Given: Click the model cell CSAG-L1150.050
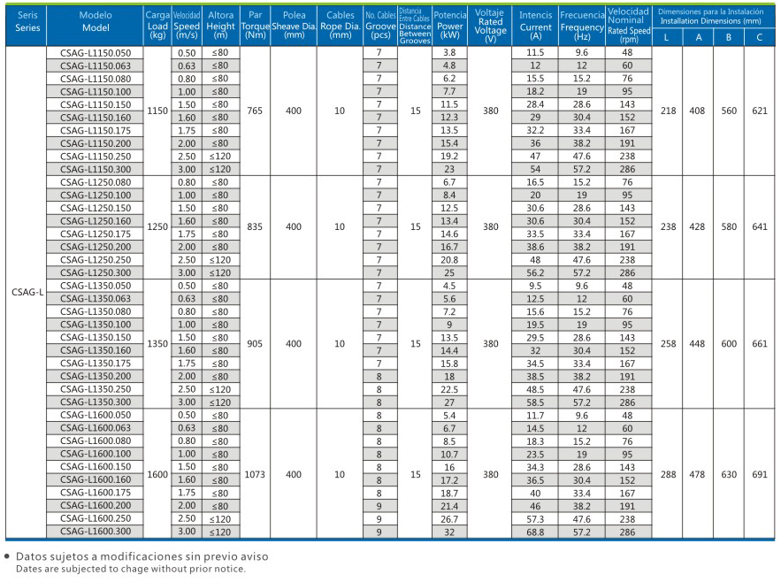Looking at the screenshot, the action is pyautogui.click(x=96, y=53).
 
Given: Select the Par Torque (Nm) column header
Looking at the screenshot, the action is pyautogui.click(x=255, y=26).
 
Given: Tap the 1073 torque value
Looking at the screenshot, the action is pyautogui.click(x=255, y=474).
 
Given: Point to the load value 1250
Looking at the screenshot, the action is pyautogui.click(x=157, y=226).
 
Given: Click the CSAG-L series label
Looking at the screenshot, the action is pyautogui.click(x=27, y=292).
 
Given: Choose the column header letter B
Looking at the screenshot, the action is pyautogui.click(x=729, y=37).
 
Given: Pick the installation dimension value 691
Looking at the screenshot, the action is pyautogui.click(x=760, y=474).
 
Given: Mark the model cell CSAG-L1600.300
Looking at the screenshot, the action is pyautogui.click(x=96, y=532).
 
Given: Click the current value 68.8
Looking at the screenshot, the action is pyautogui.click(x=535, y=532).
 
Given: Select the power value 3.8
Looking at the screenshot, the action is pyautogui.click(x=449, y=52).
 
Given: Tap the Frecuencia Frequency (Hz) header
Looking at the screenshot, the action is pyautogui.click(x=582, y=26).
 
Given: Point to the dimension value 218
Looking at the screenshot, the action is pyautogui.click(x=668, y=111).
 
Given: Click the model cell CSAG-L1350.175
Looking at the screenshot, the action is pyautogui.click(x=96, y=364).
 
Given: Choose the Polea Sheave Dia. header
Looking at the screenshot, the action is pyautogui.click(x=294, y=26).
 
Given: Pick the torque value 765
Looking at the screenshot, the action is pyautogui.click(x=255, y=111).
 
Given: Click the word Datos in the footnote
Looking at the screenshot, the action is pyautogui.click(x=30, y=556).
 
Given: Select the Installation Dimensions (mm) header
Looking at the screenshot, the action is pyautogui.click(x=711, y=17).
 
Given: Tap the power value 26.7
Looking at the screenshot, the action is pyautogui.click(x=449, y=519).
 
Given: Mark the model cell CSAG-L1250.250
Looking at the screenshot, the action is pyautogui.click(x=96, y=260).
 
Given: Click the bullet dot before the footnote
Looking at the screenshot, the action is pyautogui.click(x=7, y=556).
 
